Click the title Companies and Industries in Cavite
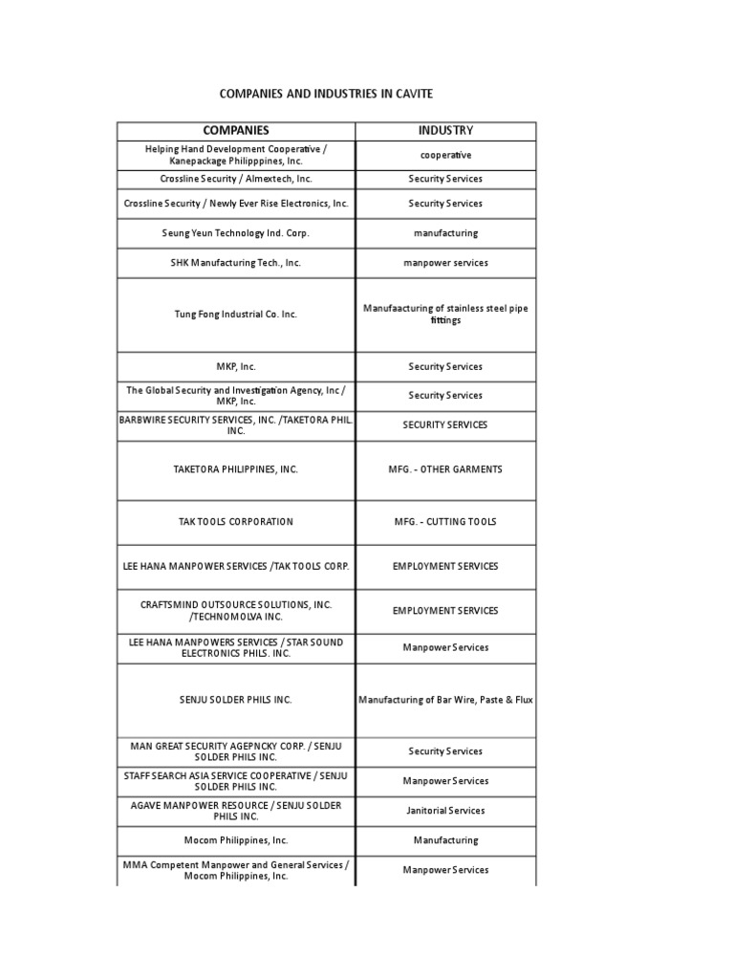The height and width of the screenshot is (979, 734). click(x=326, y=94)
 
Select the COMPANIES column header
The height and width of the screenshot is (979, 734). click(x=235, y=130)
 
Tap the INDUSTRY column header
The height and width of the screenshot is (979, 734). click(x=445, y=130)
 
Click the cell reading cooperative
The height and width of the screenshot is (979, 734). click(x=445, y=155)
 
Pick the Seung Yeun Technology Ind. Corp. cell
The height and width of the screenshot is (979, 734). click(x=235, y=233)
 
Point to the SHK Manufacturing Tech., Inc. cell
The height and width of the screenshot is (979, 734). click(x=235, y=263)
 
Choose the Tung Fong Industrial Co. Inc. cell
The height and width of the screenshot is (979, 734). click(x=235, y=315)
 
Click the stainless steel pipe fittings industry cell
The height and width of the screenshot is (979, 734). click(x=445, y=315)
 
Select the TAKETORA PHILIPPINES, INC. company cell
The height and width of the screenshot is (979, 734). click(x=235, y=469)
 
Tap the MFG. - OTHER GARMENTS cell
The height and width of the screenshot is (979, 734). click(x=445, y=469)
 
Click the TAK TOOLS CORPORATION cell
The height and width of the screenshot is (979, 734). click(x=235, y=522)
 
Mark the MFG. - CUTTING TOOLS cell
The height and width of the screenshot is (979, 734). click(x=445, y=522)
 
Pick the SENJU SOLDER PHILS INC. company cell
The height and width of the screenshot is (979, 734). click(x=235, y=700)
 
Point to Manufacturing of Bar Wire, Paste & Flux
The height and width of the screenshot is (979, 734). click(x=445, y=700)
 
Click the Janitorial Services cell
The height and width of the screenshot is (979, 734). click(x=445, y=811)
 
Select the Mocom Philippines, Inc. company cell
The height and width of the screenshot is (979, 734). click(x=235, y=840)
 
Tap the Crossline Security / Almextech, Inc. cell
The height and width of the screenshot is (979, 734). click(x=235, y=179)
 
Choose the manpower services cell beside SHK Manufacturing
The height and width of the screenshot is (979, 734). click(x=445, y=263)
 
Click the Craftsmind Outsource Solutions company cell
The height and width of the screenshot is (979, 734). click(x=235, y=610)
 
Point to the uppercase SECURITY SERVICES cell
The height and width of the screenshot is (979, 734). click(x=445, y=424)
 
